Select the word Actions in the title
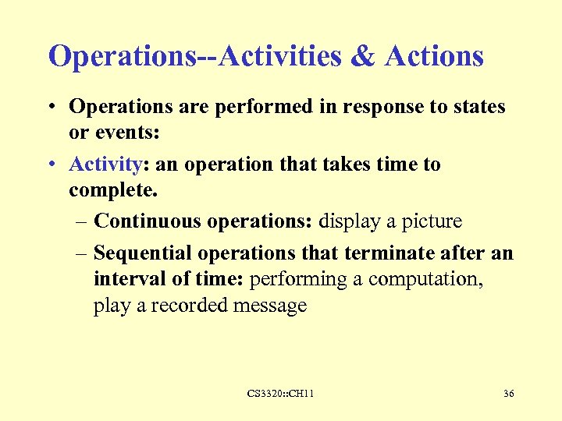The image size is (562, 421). (435, 56)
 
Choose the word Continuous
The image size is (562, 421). (148, 222)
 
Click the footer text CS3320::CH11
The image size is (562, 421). (280, 394)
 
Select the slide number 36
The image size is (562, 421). (508, 394)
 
